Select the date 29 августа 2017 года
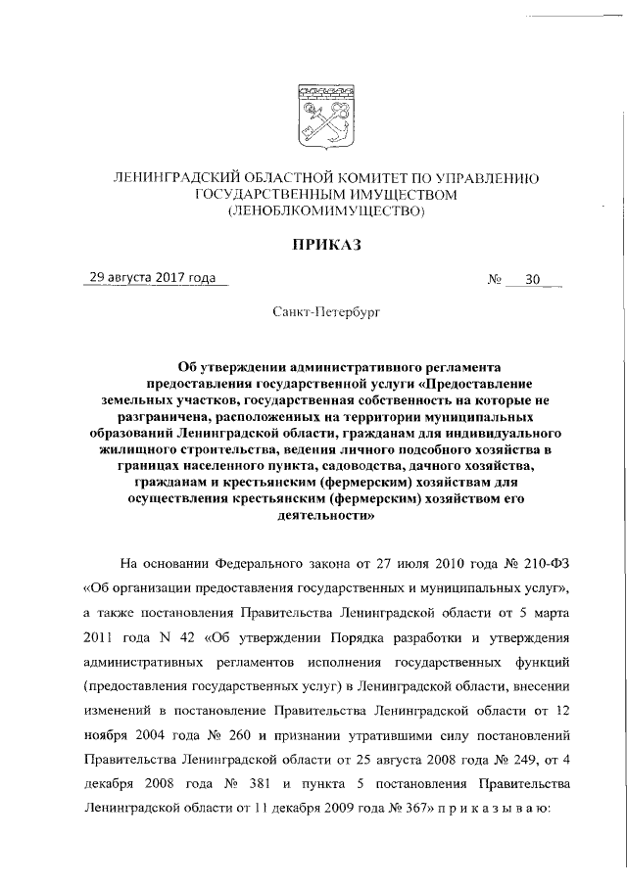pos(152,278)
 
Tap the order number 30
pos(532,279)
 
